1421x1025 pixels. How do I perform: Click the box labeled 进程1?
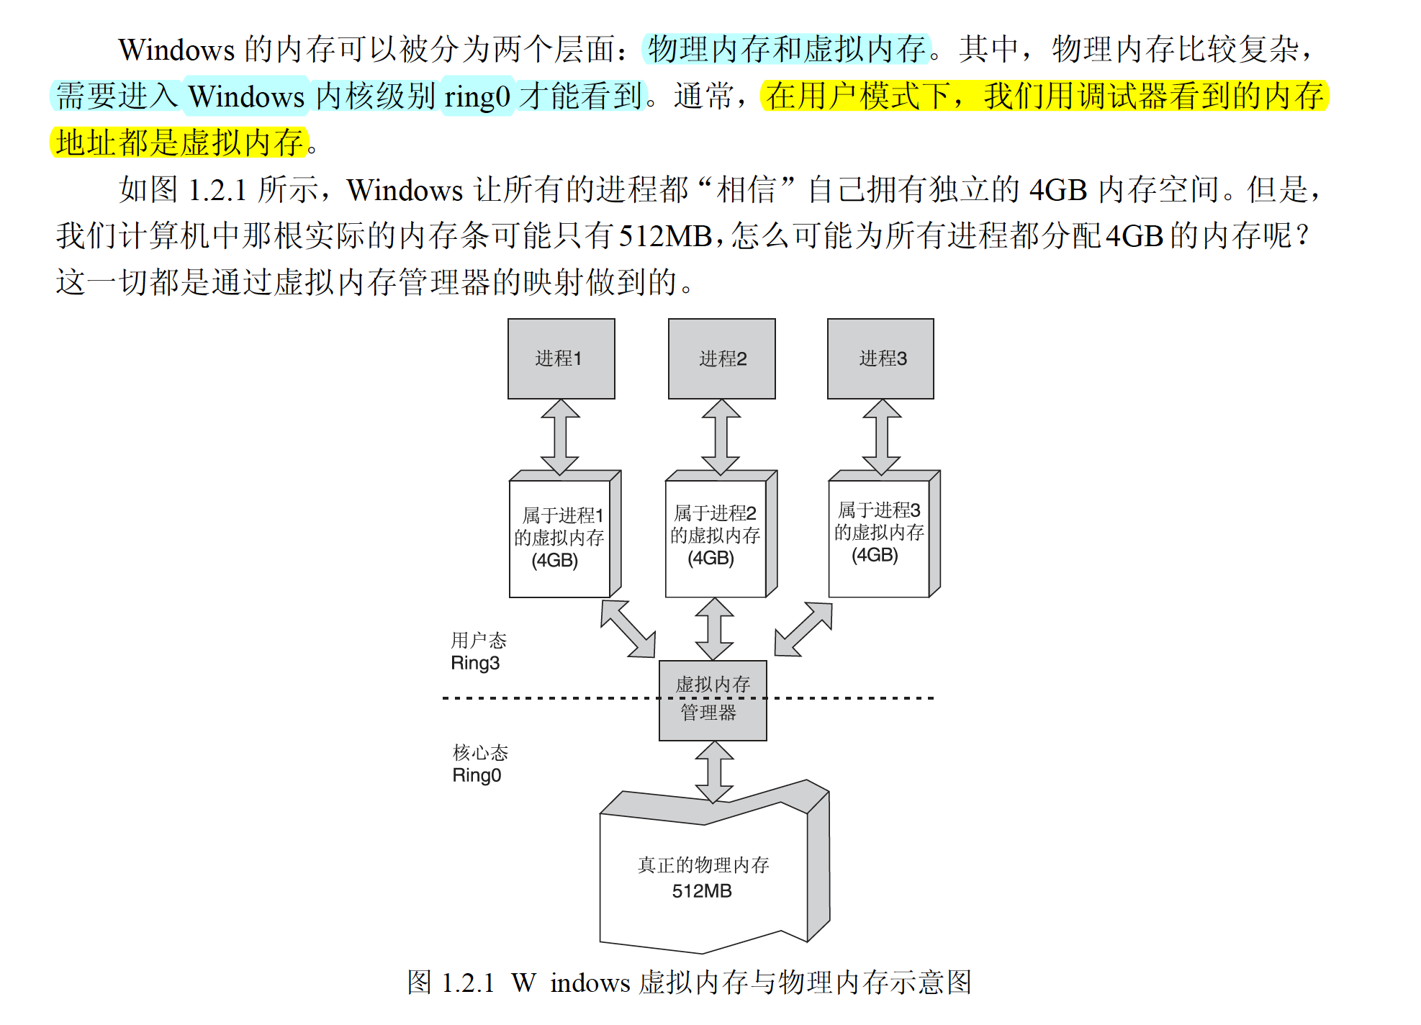point(561,358)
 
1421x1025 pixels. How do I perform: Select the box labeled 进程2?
point(721,358)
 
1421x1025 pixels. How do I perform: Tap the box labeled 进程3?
point(880,358)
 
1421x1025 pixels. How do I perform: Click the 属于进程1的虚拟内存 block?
point(559,537)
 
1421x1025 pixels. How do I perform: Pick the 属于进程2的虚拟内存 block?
point(716,536)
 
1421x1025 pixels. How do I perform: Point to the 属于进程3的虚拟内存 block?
point(879,533)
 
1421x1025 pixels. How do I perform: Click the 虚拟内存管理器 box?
point(713,700)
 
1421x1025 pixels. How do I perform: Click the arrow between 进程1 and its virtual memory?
point(561,436)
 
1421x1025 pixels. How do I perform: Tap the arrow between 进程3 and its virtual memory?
point(882,436)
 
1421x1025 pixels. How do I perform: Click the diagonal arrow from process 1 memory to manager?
point(628,628)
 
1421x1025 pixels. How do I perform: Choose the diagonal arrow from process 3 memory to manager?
point(803,629)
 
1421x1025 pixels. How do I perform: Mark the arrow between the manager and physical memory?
point(714,772)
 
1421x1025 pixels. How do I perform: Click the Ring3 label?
point(475,663)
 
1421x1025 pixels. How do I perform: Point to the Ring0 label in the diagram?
point(477,775)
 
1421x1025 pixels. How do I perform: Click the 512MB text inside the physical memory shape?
point(702,891)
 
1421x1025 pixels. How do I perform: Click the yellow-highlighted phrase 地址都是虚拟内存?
point(180,143)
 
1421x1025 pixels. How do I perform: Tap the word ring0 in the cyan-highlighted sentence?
point(477,96)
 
